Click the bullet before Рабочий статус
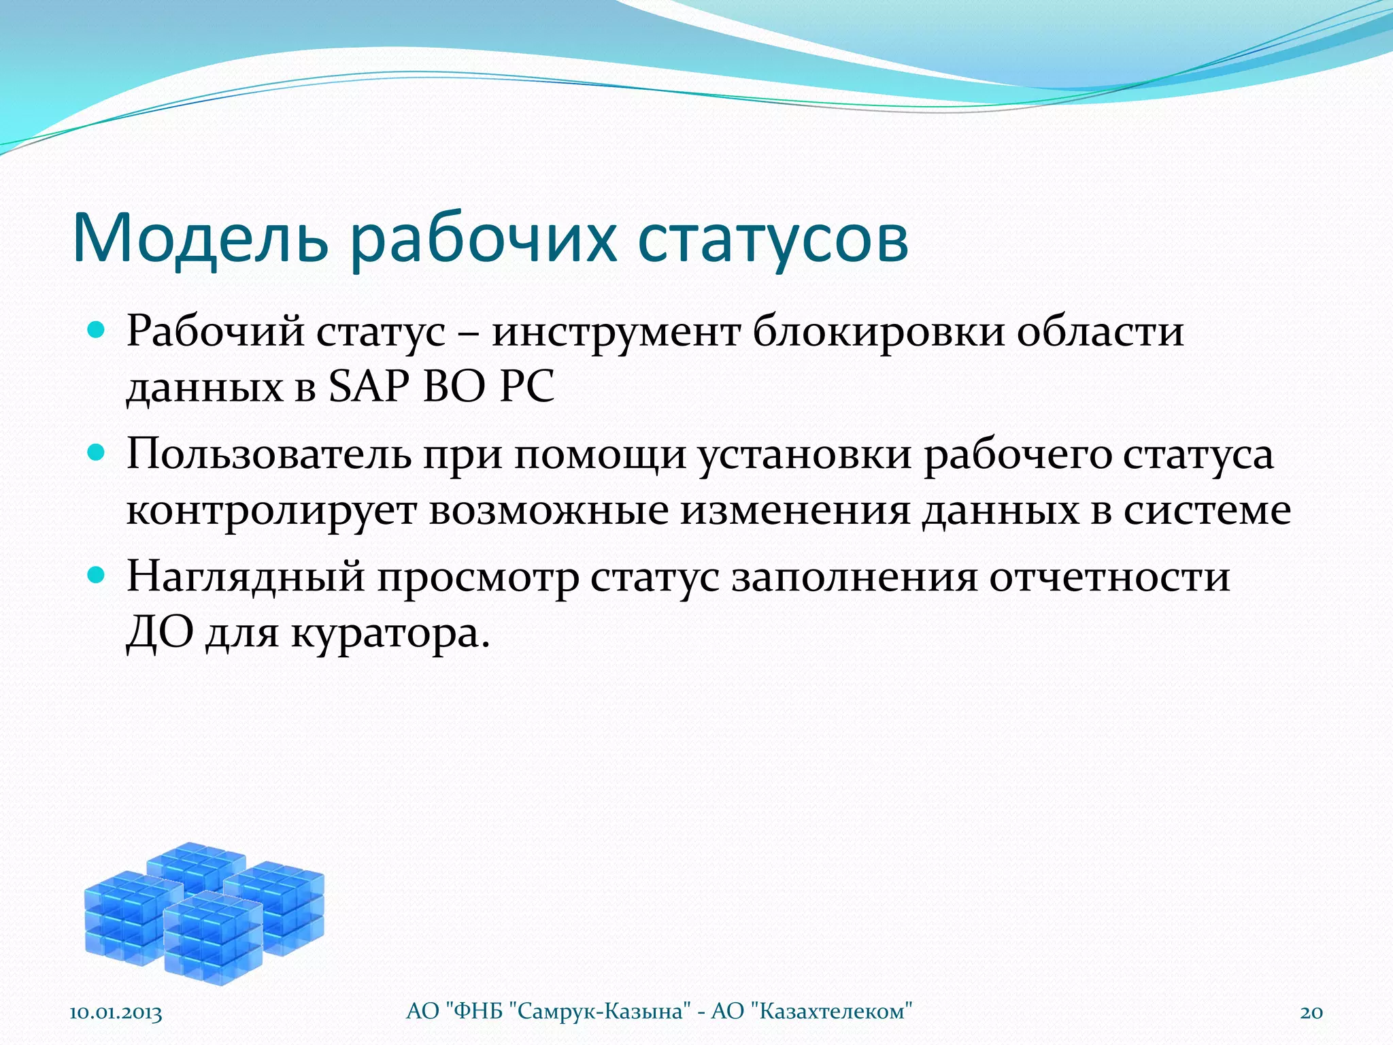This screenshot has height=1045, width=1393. point(97,331)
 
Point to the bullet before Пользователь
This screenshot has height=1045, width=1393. point(97,453)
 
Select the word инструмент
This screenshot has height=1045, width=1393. point(616,333)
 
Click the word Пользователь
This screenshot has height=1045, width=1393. point(269,454)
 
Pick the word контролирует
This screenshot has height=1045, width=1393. point(271,510)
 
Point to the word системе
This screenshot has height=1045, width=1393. point(1207,510)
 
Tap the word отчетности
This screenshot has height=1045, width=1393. point(1109,577)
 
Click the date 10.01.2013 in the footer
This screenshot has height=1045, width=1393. point(116,1012)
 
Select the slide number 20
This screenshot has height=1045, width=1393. point(1311,1012)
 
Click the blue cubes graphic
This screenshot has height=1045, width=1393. point(204,912)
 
